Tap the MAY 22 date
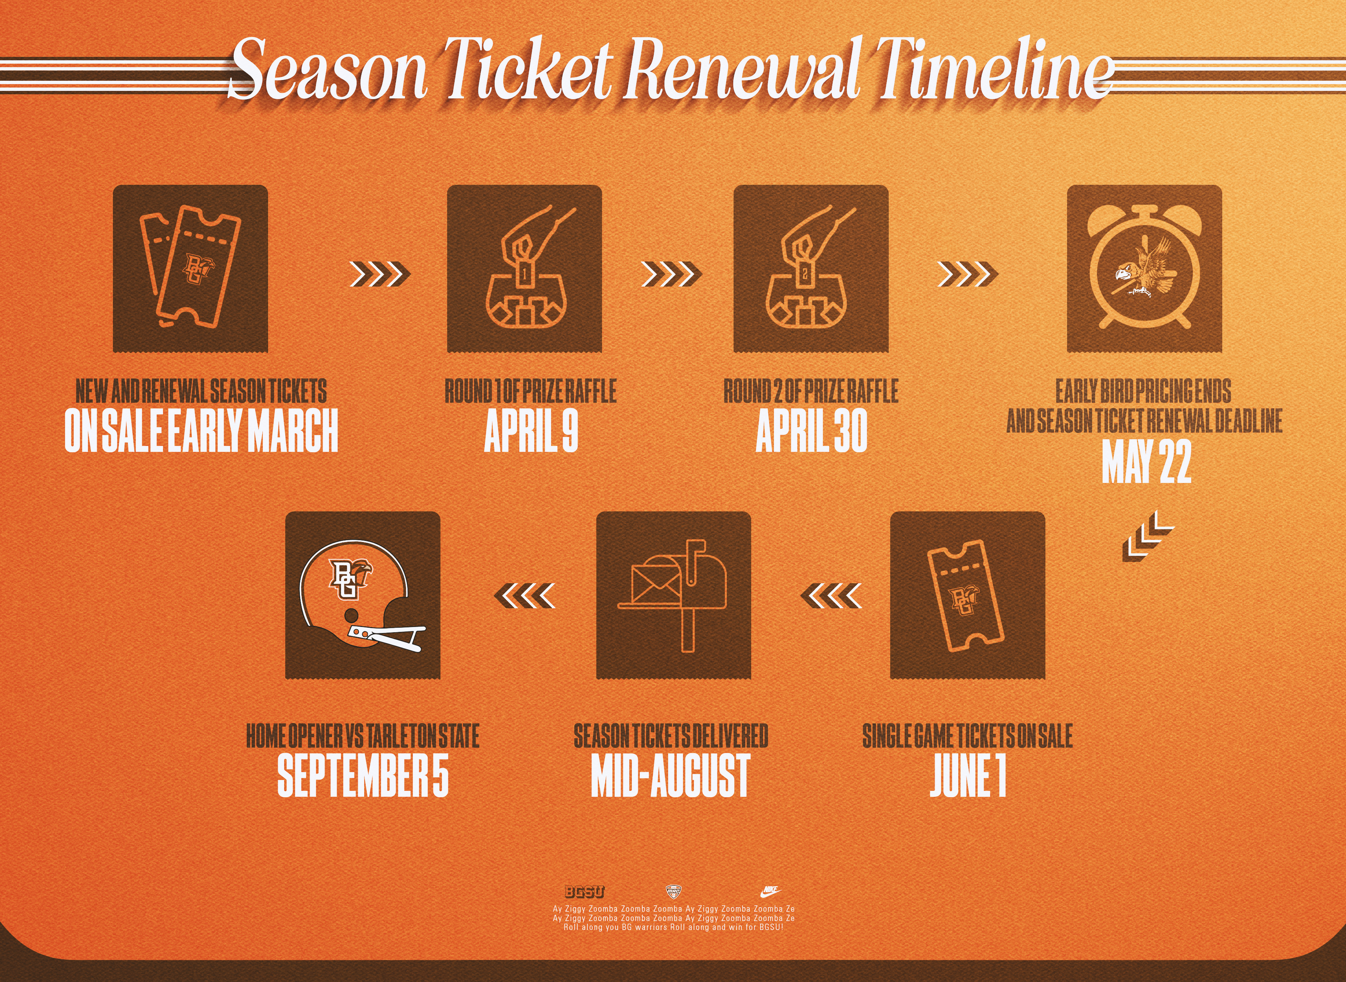[1146, 461]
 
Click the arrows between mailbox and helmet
[525, 596]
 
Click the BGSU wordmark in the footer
[584, 891]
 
